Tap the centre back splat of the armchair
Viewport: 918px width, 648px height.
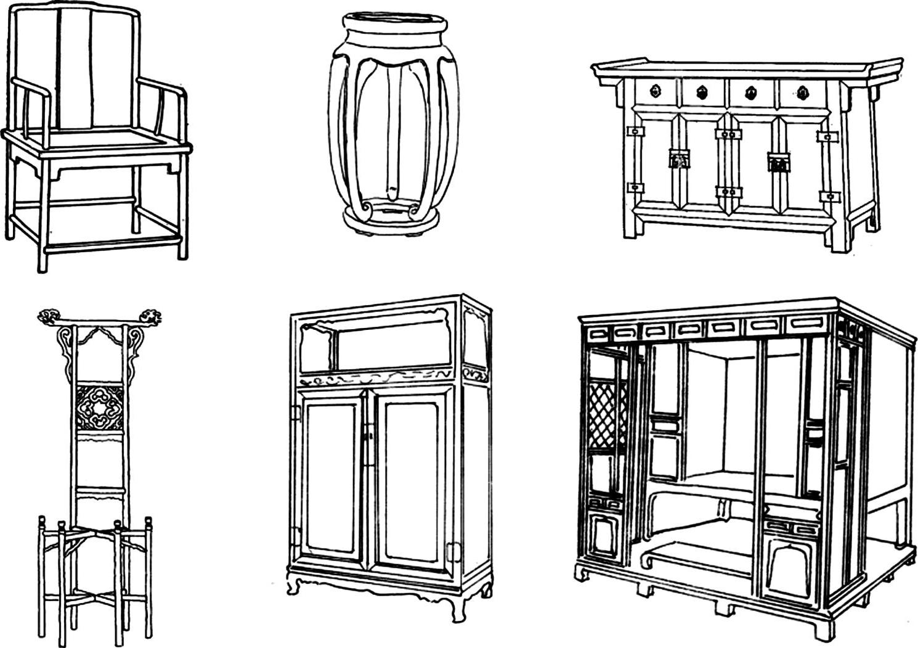(74, 68)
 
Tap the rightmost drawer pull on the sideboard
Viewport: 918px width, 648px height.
(802, 93)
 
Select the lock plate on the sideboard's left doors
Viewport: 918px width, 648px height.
(678, 160)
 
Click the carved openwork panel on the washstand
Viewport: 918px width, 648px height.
(100, 408)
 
